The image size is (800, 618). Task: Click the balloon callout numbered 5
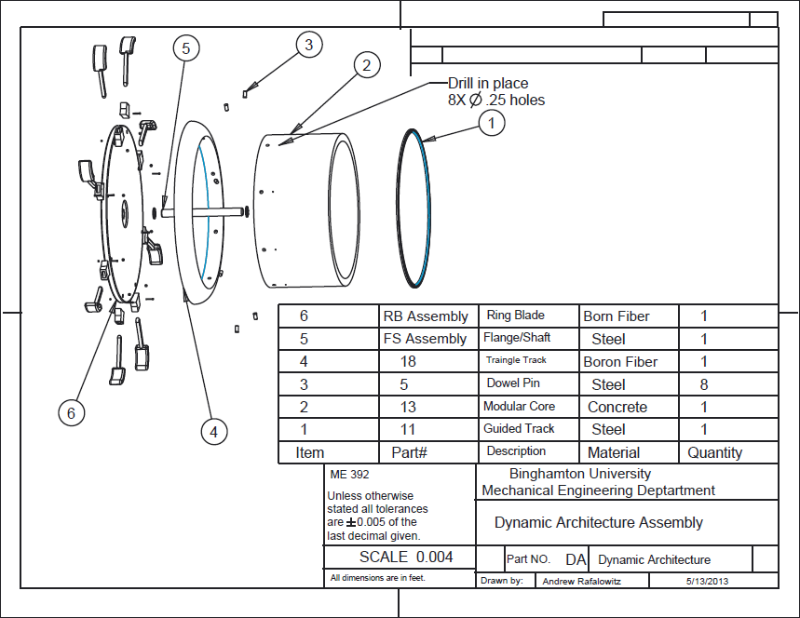[x=185, y=48]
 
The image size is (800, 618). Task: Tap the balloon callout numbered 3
[x=308, y=45]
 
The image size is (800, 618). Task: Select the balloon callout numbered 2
[x=366, y=65]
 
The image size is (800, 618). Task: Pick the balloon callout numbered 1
[x=492, y=123]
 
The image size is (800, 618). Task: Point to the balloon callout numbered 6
[x=71, y=413]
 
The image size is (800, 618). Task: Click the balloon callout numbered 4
[x=214, y=432]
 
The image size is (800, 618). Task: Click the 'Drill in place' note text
[x=488, y=83]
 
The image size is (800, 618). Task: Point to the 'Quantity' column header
[x=715, y=452]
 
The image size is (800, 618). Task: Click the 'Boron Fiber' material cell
[x=620, y=362]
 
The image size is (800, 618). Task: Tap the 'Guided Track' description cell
[x=519, y=428]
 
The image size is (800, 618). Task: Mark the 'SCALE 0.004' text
[x=406, y=557]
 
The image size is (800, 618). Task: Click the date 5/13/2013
[x=707, y=581]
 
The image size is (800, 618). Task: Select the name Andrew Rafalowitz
[x=582, y=582]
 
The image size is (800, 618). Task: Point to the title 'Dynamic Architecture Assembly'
[x=599, y=523]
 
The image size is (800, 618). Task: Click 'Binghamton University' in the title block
[x=580, y=474]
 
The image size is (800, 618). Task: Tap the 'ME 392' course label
[x=349, y=475]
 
